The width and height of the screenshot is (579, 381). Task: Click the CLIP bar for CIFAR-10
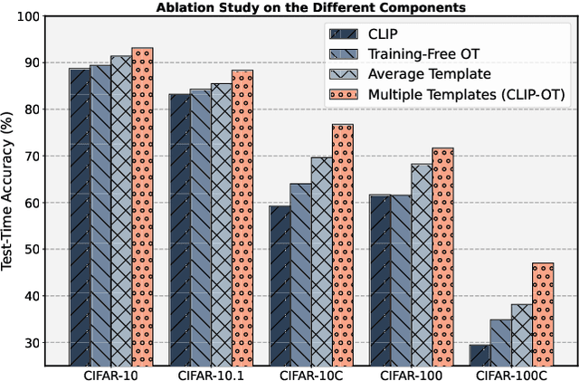pyautogui.click(x=80, y=217)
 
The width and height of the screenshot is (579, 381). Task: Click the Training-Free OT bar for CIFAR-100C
pyautogui.click(x=500, y=342)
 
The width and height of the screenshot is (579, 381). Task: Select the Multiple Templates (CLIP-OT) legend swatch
pyautogui.click(x=344, y=94)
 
